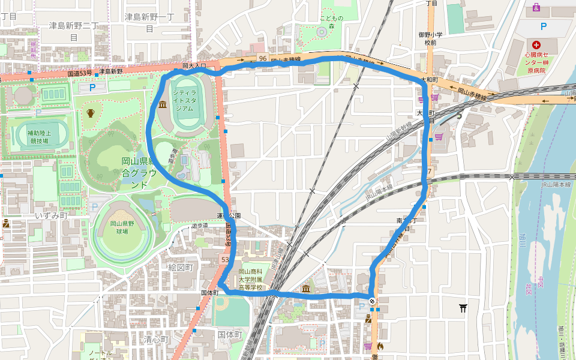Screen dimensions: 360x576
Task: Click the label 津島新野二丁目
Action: [74, 31]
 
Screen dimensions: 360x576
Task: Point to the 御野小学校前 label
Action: [431, 38]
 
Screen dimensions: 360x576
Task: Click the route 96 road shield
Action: [263, 58]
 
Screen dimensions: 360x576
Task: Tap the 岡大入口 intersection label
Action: [194, 65]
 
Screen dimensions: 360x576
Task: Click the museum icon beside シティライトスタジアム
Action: [163, 106]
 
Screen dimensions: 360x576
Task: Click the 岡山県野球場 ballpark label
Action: [122, 227]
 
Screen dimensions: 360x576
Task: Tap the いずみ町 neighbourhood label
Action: [51, 215]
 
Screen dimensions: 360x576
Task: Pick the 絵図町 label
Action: [180, 267]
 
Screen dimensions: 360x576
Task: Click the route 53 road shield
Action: [226, 260]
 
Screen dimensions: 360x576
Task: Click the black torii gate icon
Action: [463, 308]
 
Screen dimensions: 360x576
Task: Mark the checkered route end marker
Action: [373, 301]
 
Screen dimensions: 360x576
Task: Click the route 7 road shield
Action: [430, 172]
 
